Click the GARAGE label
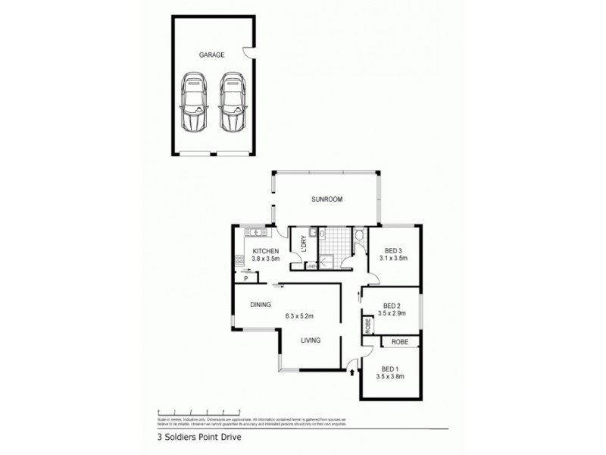[x=212, y=55]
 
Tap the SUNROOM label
[x=328, y=199]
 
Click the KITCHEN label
[x=267, y=251]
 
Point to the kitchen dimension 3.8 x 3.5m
[x=266, y=259]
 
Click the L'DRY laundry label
[x=303, y=243]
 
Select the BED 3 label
[x=392, y=250]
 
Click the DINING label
[x=261, y=305]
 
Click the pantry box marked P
[x=246, y=278]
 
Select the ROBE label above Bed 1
[x=400, y=343]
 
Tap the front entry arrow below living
[x=351, y=372]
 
